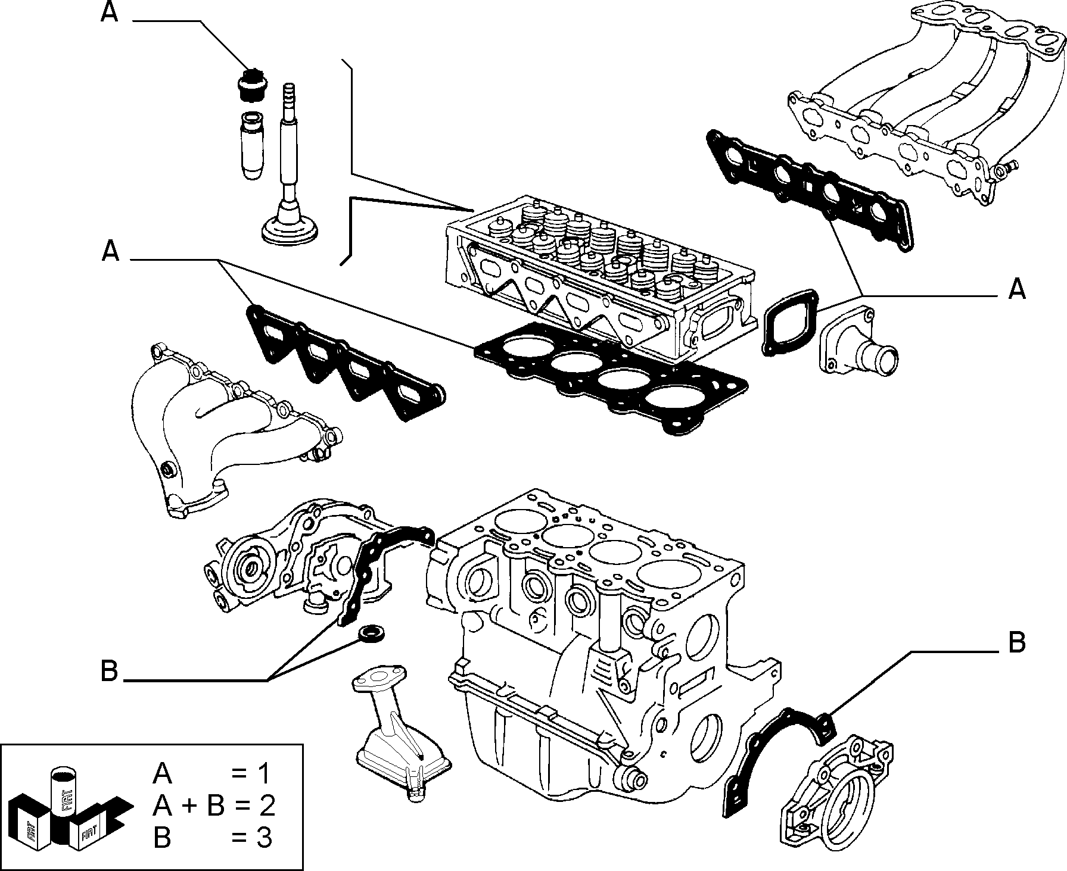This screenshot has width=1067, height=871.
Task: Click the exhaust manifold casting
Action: (x=232, y=429)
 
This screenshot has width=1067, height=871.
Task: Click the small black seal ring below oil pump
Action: (x=371, y=632)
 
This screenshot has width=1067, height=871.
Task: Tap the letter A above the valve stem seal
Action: (x=110, y=13)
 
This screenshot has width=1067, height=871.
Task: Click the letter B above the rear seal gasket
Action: (x=1016, y=643)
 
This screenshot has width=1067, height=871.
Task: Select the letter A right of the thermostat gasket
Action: (x=1017, y=289)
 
